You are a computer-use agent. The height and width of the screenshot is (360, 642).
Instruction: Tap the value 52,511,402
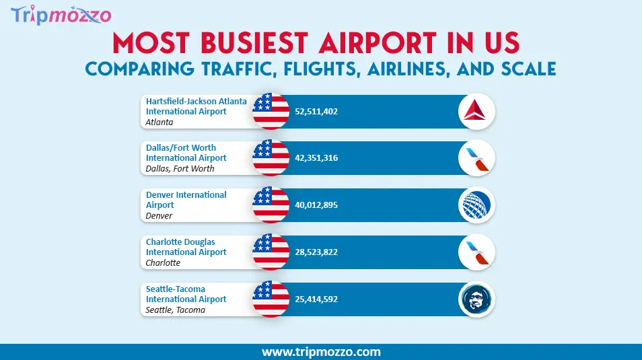pos(316,111)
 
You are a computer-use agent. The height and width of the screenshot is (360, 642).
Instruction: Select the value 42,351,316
pos(316,158)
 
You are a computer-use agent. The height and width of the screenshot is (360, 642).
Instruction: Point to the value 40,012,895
pos(316,205)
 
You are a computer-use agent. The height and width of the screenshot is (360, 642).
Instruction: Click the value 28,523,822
pos(316,252)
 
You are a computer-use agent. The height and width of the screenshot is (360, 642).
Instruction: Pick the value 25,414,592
pos(316,299)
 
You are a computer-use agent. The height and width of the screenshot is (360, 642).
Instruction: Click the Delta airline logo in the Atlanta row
pos(476,112)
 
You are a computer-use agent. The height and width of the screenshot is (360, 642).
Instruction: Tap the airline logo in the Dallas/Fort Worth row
pos(476,159)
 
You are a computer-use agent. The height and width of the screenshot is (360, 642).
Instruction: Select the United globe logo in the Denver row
pos(476,206)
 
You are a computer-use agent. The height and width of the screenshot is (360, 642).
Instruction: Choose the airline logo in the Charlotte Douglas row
pos(476,253)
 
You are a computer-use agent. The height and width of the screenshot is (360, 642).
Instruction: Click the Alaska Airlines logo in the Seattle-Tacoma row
pos(476,300)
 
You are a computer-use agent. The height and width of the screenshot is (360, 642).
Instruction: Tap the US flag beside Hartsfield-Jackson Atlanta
pos(271,111)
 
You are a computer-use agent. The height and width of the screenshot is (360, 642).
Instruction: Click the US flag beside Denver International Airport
pos(271,205)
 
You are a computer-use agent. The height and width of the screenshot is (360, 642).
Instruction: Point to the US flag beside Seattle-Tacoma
pos(271,299)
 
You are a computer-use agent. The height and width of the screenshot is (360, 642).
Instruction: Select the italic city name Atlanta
pos(159,122)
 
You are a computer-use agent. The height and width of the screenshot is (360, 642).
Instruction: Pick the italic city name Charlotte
pos(163,263)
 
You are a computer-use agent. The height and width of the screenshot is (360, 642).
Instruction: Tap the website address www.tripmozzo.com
pos(321,352)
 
